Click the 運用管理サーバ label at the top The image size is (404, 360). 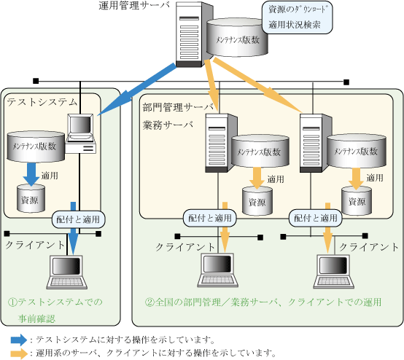click(134, 5)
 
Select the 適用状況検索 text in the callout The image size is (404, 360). click(295, 25)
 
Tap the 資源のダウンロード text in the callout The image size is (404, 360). click(297, 9)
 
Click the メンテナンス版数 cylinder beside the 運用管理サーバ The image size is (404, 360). click(237, 37)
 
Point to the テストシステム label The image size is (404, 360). click(42, 102)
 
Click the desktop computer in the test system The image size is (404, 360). click(80, 133)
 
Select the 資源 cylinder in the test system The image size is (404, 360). click(31, 198)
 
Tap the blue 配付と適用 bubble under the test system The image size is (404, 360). click(78, 219)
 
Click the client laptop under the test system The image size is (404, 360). click(67, 273)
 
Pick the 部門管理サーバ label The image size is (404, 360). click(178, 107)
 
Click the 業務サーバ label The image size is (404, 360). click(168, 125)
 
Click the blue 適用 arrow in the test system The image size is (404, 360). click(31, 174)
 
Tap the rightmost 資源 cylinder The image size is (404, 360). click(357, 201)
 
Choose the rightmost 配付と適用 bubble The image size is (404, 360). click(316, 218)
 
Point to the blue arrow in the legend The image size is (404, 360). click(19, 340)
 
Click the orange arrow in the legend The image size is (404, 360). click(19, 353)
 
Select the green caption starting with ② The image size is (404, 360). click(263, 302)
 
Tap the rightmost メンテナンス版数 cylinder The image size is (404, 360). click(357, 151)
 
